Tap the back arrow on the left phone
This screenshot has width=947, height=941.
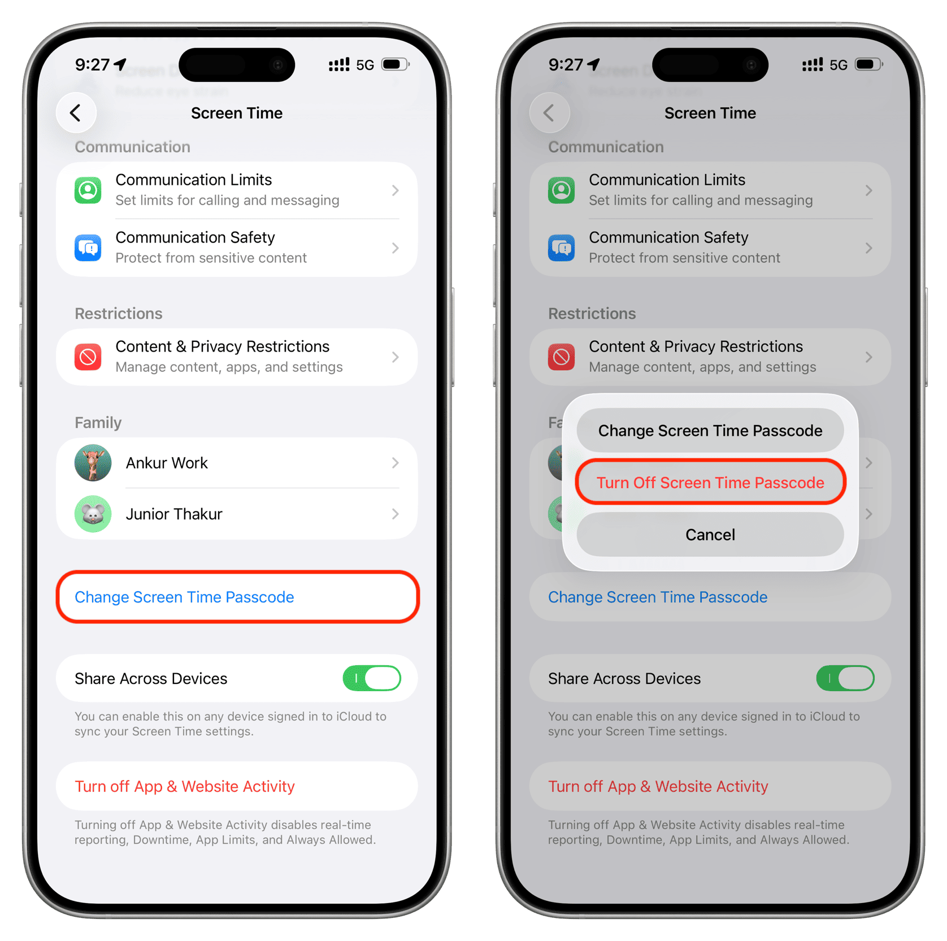click(76, 113)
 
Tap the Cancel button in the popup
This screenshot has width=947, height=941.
click(710, 535)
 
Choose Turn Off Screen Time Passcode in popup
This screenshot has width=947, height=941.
click(710, 483)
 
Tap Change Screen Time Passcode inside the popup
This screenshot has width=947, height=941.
click(710, 431)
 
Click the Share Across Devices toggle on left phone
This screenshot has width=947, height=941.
click(372, 678)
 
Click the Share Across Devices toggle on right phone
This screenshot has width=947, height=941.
click(845, 678)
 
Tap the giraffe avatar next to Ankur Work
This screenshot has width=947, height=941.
click(93, 463)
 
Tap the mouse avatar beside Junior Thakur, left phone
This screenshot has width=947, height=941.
click(93, 514)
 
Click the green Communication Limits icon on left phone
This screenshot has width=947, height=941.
click(88, 190)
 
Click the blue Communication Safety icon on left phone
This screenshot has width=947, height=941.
click(88, 248)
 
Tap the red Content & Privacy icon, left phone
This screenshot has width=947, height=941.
click(88, 357)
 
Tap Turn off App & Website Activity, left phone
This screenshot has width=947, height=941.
click(185, 786)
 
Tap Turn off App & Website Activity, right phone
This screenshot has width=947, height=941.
click(658, 786)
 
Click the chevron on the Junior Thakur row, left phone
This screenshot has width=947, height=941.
click(396, 514)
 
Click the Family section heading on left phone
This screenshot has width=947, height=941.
click(98, 423)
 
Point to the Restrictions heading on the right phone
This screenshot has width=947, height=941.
click(592, 314)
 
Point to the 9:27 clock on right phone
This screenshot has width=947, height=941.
click(566, 64)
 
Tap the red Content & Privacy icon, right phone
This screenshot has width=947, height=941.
click(562, 357)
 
